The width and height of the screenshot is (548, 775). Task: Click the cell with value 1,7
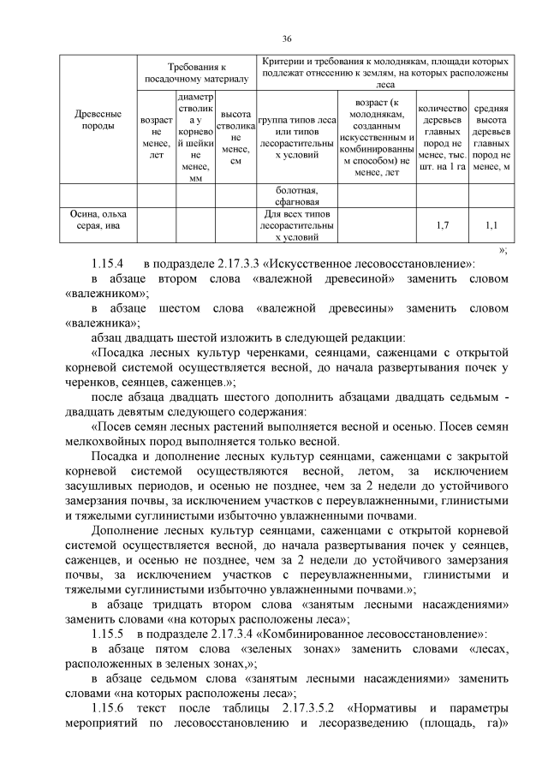pos(442,225)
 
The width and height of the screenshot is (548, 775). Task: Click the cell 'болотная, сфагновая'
pos(297,195)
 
